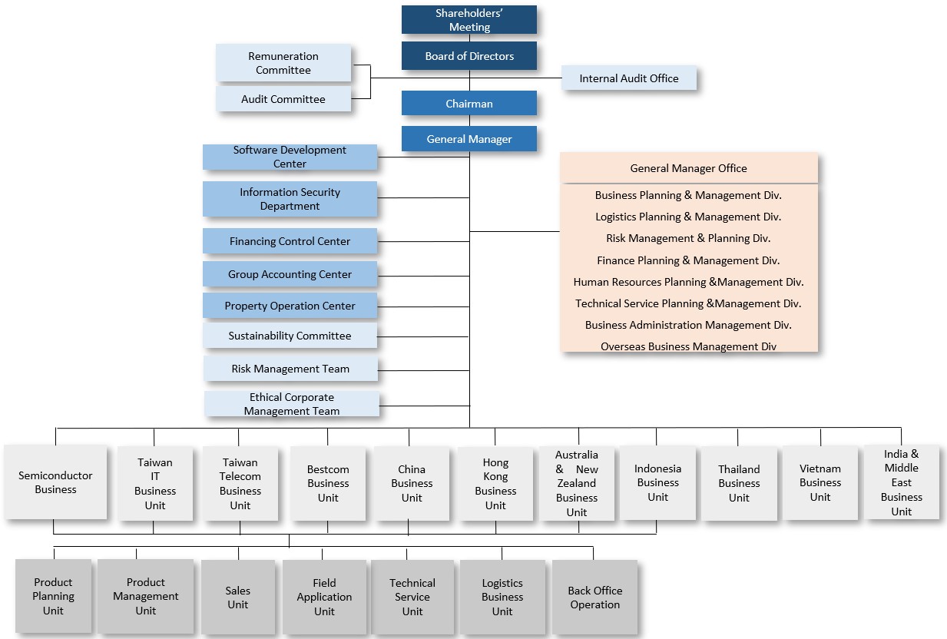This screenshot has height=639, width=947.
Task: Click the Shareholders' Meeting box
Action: [469, 20]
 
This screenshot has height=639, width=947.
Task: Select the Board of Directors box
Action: [469, 56]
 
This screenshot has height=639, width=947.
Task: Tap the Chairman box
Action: [469, 104]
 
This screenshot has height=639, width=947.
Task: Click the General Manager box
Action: [469, 139]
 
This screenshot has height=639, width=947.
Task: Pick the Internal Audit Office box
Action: [628, 78]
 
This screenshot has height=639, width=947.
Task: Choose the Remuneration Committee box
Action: [283, 63]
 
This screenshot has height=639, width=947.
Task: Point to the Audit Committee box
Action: [283, 99]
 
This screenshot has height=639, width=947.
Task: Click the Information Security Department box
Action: [290, 199]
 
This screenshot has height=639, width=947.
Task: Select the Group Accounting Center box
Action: [290, 274]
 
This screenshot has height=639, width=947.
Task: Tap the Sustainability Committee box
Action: [290, 336]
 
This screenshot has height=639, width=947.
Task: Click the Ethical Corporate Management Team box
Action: [291, 404]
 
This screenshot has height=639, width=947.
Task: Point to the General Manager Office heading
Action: [688, 168]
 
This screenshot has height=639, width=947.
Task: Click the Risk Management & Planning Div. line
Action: [688, 238]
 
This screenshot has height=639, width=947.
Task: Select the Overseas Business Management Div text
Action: [688, 346]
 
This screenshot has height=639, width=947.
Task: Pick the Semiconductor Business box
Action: [55, 482]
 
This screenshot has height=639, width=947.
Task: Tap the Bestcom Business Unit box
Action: [328, 483]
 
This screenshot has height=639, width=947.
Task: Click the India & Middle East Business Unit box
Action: [901, 482]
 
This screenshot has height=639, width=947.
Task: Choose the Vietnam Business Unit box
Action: [820, 482]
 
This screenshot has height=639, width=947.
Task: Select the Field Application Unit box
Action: [324, 597]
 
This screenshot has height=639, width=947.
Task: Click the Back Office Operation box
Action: [594, 597]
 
